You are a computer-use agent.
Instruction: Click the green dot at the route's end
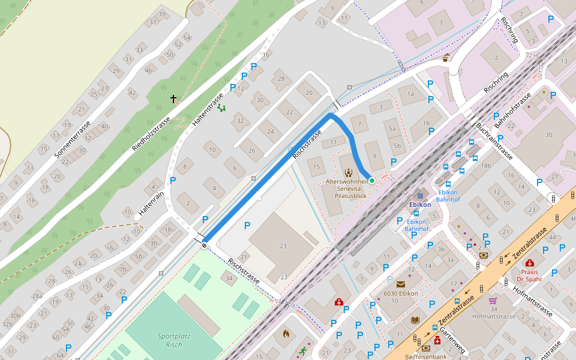371,180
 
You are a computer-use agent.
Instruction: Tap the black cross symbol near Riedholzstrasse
174,98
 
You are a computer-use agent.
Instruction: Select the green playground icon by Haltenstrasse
221,108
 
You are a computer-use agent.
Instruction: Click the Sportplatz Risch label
174,340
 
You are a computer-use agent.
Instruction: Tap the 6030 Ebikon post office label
400,293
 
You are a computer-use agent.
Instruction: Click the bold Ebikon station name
420,205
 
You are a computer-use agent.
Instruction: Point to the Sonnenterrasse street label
72,140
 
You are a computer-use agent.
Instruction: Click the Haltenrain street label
151,198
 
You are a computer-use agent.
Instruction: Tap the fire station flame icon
286,332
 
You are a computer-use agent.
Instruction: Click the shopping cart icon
493,301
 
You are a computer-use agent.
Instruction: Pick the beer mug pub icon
446,58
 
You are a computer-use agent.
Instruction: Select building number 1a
410,94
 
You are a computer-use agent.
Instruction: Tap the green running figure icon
303,351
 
